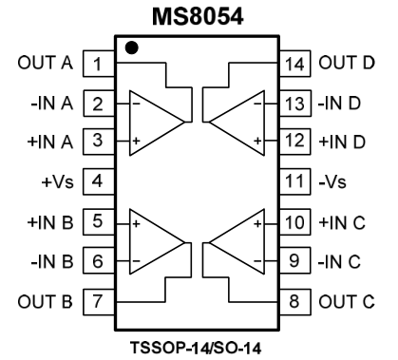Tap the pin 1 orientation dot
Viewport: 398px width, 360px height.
click(130, 47)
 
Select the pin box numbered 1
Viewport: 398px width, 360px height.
click(96, 65)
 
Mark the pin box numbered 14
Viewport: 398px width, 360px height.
click(294, 65)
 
